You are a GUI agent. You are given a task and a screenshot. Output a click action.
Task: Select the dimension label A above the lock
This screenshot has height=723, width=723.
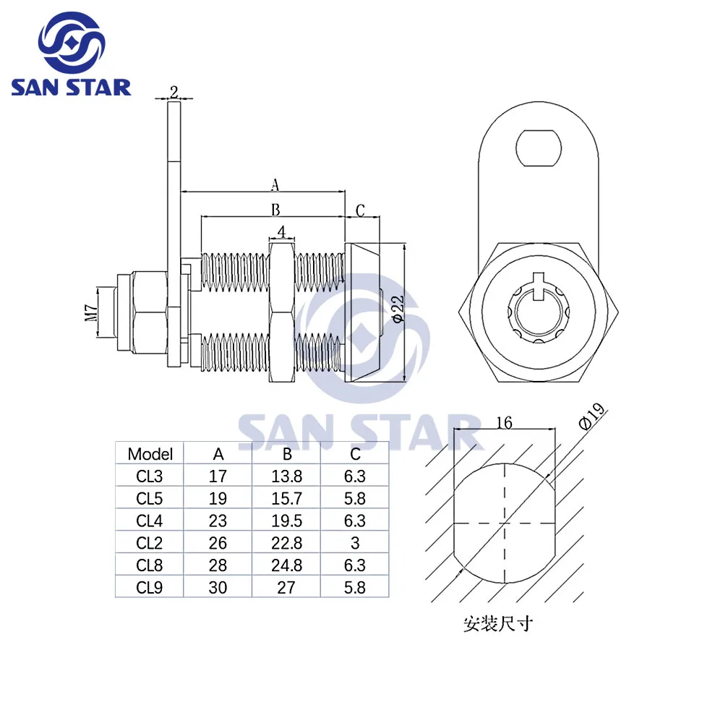(x=275, y=185)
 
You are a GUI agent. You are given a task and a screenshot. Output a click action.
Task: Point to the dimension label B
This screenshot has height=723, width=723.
(x=275, y=210)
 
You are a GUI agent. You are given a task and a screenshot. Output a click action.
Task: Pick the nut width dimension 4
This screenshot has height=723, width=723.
(x=282, y=232)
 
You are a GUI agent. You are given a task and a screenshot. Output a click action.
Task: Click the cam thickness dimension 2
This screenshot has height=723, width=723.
(x=174, y=91)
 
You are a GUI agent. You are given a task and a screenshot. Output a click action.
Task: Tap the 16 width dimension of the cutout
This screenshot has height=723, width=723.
(x=504, y=422)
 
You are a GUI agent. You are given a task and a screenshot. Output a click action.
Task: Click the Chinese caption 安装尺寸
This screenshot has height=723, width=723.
(x=498, y=623)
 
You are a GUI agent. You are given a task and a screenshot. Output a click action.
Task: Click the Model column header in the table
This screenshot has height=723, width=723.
(x=150, y=454)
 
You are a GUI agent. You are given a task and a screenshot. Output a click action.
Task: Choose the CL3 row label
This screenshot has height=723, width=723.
(x=150, y=476)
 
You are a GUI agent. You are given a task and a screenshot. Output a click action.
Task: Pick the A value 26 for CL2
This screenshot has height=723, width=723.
(x=218, y=543)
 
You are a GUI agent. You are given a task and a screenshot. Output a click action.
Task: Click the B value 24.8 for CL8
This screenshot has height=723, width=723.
(x=286, y=565)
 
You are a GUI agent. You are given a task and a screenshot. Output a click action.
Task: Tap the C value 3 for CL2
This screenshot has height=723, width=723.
(x=355, y=543)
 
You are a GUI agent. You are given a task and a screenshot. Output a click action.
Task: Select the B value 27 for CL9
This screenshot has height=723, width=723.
(x=286, y=588)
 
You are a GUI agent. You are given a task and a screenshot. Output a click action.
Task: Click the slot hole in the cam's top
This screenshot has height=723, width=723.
(x=539, y=145)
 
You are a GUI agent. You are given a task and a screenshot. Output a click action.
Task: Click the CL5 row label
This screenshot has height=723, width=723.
(x=150, y=499)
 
